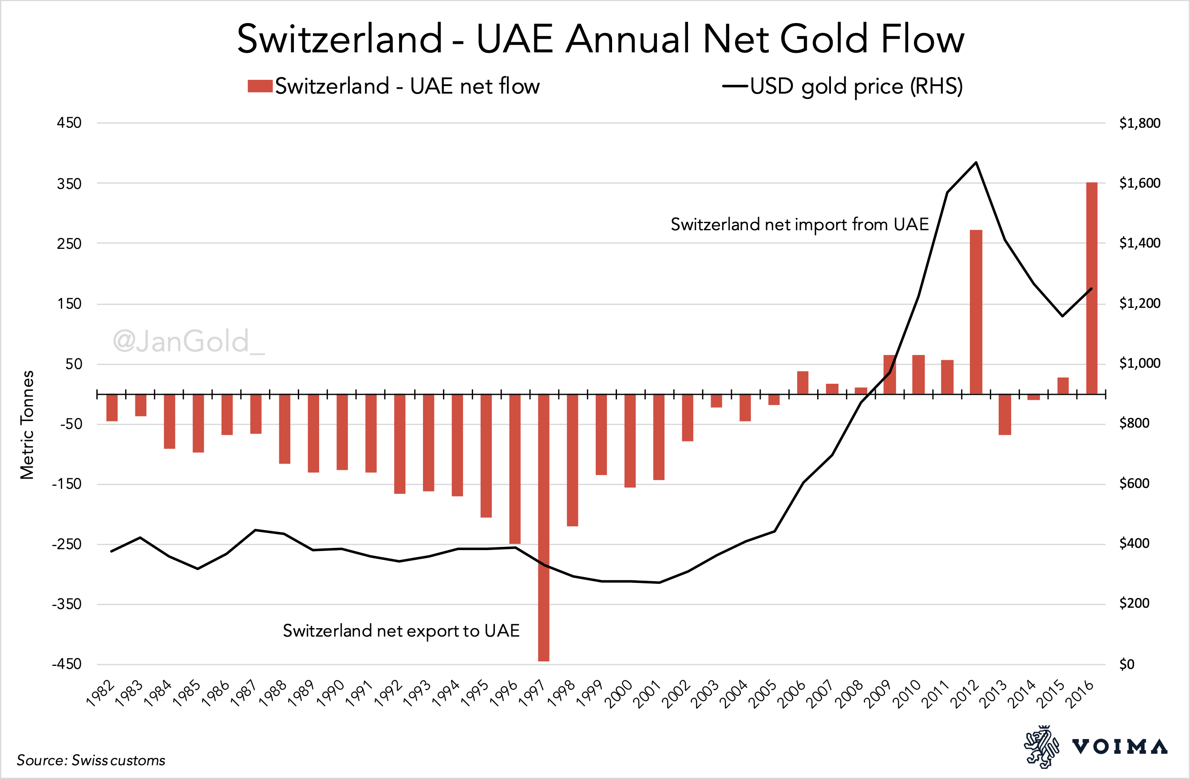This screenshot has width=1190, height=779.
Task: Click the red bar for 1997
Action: pos(543,527)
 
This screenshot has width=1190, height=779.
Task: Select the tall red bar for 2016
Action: pos(1091,288)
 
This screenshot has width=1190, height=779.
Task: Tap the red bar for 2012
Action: pos(976,312)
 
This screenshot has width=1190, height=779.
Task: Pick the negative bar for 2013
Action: pos(1005,414)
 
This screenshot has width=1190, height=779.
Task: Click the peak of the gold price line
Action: pos(976,162)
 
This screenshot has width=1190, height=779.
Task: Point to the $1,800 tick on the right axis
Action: pos(1139,123)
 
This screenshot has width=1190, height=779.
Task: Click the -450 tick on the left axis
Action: pos(67,664)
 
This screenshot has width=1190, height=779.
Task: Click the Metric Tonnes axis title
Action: pos(27,425)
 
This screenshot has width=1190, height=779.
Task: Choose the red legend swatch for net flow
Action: pos(260,86)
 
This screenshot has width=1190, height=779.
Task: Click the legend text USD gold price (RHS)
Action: pos(856,86)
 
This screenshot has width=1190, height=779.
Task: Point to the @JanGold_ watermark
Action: pos(189,341)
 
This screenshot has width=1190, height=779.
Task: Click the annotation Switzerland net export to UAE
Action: pos(401,630)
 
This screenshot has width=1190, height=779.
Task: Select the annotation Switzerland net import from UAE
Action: pos(799,224)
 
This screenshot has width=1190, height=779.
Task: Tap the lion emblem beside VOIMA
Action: pos(1041,747)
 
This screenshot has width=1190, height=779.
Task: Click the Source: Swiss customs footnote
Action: pos(91,760)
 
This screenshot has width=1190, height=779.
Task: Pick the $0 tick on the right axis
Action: pos(1127,664)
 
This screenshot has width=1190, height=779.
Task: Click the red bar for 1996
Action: pos(515,469)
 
